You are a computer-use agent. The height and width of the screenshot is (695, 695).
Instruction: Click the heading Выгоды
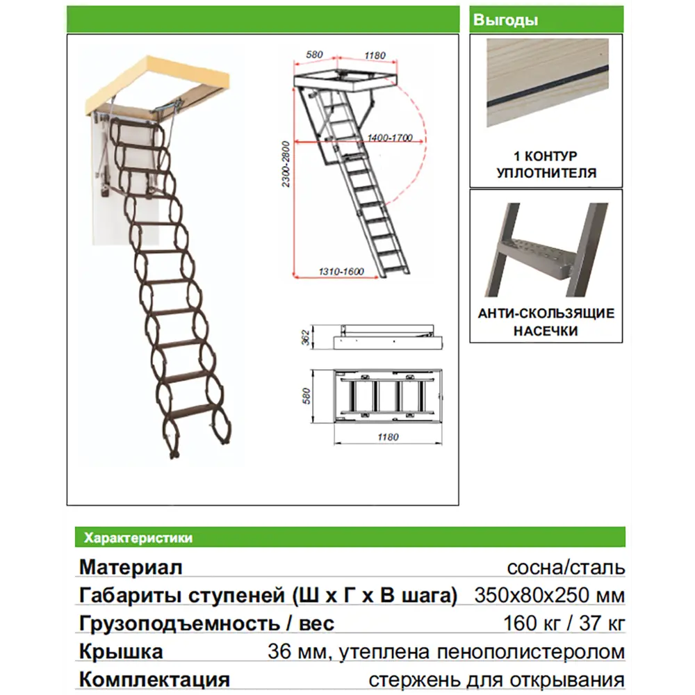(x=505, y=20)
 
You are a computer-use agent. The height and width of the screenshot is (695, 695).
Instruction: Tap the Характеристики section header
(x=138, y=537)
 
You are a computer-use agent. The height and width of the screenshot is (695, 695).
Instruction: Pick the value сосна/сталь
(x=566, y=567)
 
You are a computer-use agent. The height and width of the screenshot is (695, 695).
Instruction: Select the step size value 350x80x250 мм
(x=549, y=596)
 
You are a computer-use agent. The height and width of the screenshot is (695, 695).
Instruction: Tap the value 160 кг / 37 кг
(x=564, y=623)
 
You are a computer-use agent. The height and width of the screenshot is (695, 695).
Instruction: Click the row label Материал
(x=131, y=567)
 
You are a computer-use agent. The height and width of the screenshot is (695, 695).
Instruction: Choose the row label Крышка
(x=121, y=652)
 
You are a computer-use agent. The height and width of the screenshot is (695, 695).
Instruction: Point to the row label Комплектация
(x=154, y=679)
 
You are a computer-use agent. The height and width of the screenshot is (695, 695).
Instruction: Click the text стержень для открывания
(x=496, y=679)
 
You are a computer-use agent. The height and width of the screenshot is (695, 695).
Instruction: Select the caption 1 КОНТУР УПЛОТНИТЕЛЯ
(x=546, y=165)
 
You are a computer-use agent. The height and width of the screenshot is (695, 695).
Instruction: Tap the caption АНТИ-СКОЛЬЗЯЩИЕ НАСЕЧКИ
(x=546, y=322)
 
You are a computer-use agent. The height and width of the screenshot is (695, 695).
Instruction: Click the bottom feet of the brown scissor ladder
(x=174, y=454)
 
